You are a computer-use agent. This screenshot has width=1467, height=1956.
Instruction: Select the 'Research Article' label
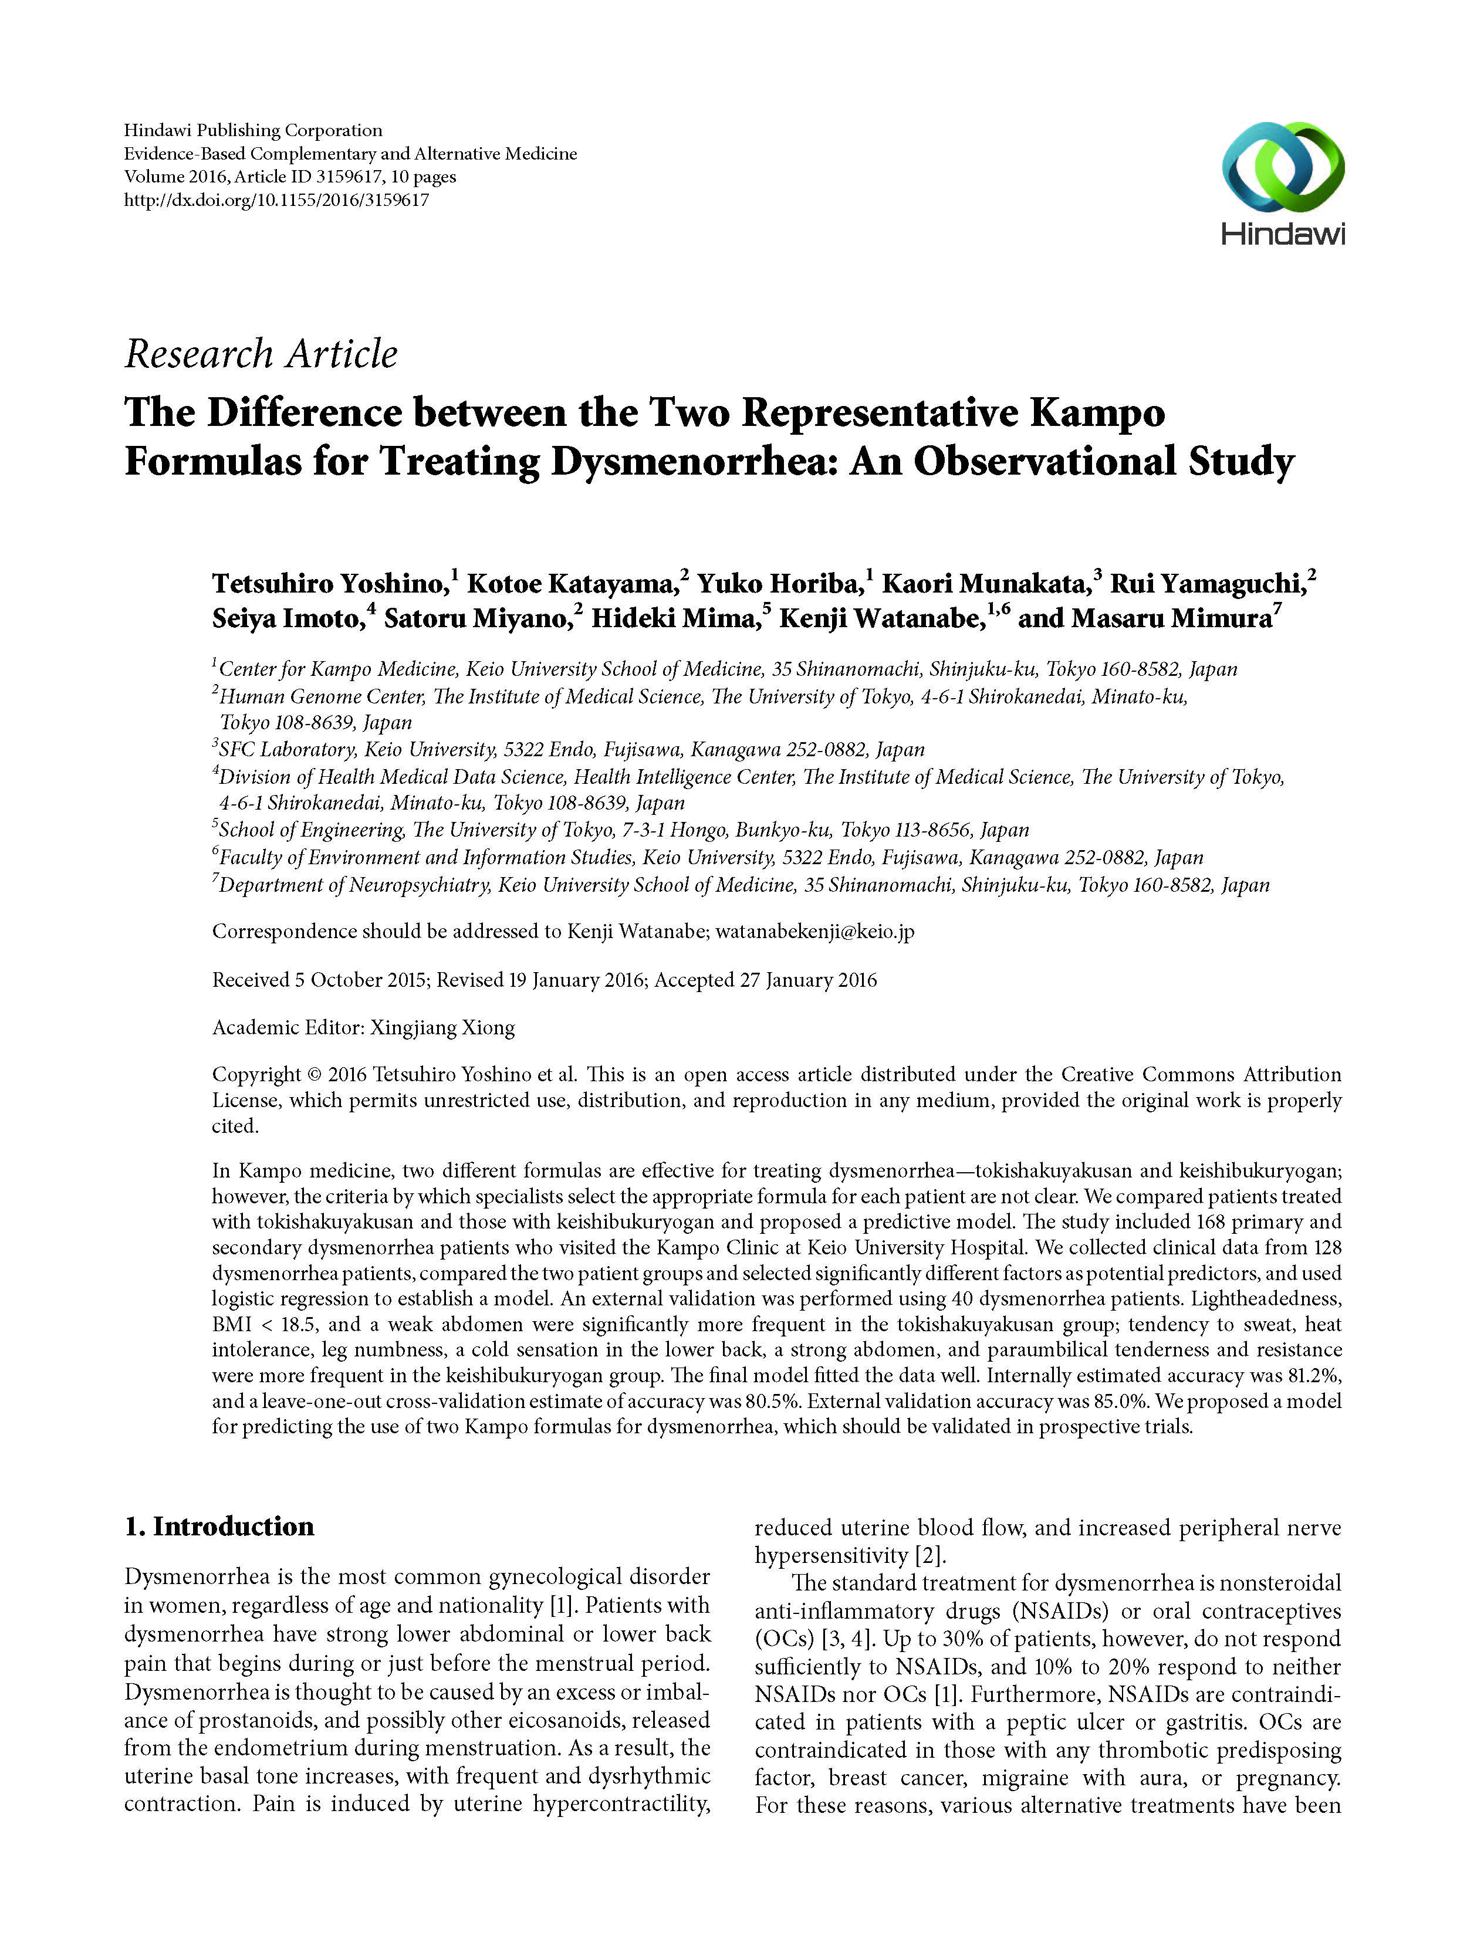coord(261,354)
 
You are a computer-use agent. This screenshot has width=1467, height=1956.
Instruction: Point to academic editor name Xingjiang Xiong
coord(442,1027)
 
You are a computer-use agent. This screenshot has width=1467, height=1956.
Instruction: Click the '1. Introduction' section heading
coord(219,1526)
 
